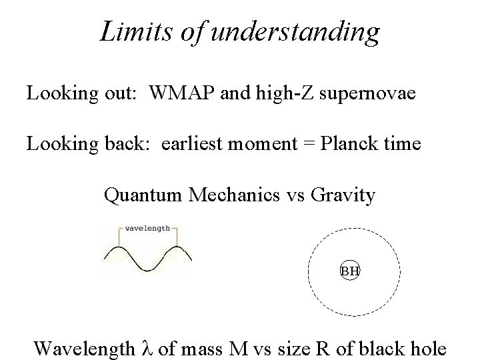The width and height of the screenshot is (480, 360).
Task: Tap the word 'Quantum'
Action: click(x=143, y=195)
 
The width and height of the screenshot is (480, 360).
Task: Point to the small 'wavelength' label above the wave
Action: click(x=147, y=227)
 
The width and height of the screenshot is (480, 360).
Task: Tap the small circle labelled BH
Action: click(x=350, y=271)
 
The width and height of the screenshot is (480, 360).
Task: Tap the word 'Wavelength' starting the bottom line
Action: click(x=85, y=348)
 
